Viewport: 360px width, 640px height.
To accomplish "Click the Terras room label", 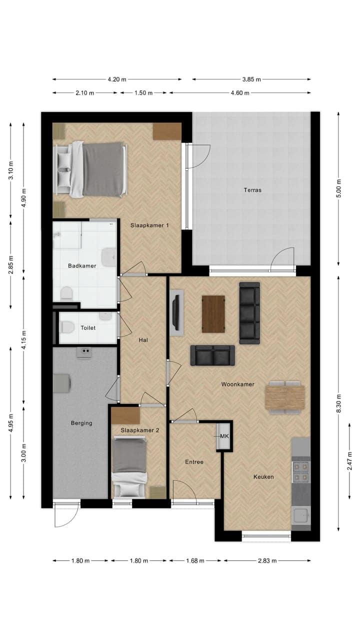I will (252, 190).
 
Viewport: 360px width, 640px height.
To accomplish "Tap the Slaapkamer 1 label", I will (149, 225).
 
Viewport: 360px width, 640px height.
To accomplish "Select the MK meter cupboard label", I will (224, 436).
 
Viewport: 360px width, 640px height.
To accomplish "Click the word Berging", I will (81, 423).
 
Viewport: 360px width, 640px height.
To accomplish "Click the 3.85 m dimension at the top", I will (251, 79).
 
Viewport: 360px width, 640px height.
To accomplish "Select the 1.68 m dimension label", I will (195, 560).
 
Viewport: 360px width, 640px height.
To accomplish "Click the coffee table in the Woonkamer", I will (213, 314).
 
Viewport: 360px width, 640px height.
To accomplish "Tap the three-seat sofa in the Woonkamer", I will (249, 313).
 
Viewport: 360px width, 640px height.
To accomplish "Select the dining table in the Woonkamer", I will (284, 397).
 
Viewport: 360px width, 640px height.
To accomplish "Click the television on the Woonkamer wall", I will (176, 314).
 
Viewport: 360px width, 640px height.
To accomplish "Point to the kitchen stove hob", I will (301, 471).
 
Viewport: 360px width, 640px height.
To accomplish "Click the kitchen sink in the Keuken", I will (301, 515).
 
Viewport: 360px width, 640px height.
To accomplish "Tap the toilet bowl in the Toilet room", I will (66, 327).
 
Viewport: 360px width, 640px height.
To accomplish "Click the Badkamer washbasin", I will (107, 257).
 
